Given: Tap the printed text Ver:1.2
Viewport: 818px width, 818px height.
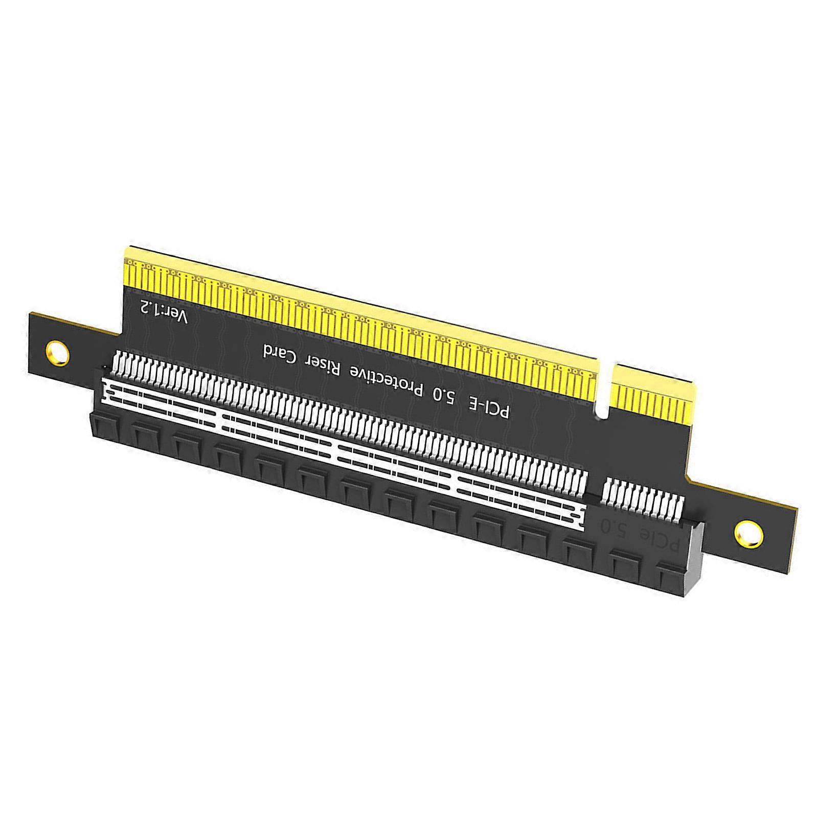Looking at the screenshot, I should (x=164, y=312).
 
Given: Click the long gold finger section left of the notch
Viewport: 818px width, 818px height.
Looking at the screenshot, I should (x=358, y=307).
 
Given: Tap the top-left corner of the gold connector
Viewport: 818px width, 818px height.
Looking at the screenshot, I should (x=126, y=249).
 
